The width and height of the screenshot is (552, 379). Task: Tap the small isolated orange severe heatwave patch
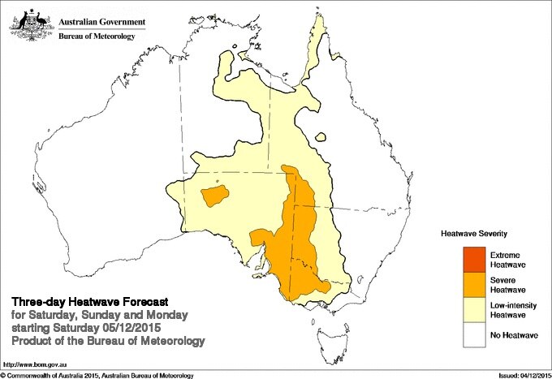point(214,196)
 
